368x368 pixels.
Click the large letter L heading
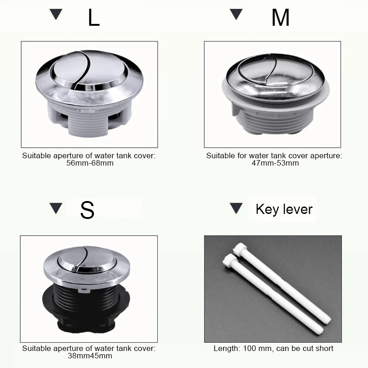tap(94, 17)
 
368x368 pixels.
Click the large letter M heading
tap(280, 17)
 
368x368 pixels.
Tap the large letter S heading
tap(87, 210)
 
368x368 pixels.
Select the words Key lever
tap(284, 209)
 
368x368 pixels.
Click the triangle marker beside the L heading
tap(56, 14)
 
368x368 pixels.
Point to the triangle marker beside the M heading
tap(236, 14)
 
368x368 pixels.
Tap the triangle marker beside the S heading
tap(56, 208)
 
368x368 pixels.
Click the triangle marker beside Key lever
tap(236, 208)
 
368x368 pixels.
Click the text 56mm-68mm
tap(90, 163)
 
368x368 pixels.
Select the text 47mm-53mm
tap(275, 163)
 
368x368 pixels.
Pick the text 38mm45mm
tap(90, 356)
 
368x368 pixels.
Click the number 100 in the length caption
tap(249, 348)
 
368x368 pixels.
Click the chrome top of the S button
tap(87, 265)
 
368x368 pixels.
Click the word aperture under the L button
tap(67, 156)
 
